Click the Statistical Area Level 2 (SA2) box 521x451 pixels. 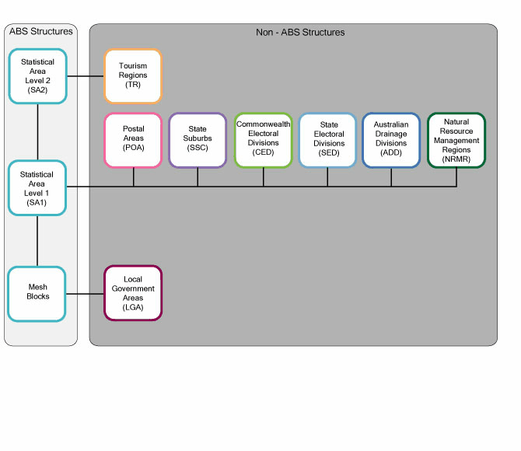[37, 76]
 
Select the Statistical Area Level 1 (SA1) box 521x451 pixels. [37, 187]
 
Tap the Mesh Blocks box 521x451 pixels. [37, 293]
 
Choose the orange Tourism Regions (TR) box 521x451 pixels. [133, 76]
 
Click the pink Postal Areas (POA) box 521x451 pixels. [133, 140]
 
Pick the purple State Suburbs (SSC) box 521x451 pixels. [198, 140]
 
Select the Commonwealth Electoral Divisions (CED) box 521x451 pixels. [263, 140]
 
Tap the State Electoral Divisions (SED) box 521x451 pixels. [327, 140]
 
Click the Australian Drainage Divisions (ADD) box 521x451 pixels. [391, 140]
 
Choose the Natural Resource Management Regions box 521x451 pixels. [456, 140]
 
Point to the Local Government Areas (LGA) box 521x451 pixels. [133, 293]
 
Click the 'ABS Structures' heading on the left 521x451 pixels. [40, 32]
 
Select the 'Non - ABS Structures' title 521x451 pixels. [300, 33]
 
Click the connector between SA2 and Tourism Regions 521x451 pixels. [86, 76]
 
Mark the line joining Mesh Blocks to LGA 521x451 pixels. [86, 293]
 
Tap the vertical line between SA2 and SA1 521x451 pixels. [37, 131]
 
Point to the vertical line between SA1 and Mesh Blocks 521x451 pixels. [37, 240]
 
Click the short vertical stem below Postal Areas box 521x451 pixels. [134, 177]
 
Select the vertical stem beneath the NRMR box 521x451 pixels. [456, 177]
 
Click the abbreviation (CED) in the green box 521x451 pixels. [263, 152]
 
